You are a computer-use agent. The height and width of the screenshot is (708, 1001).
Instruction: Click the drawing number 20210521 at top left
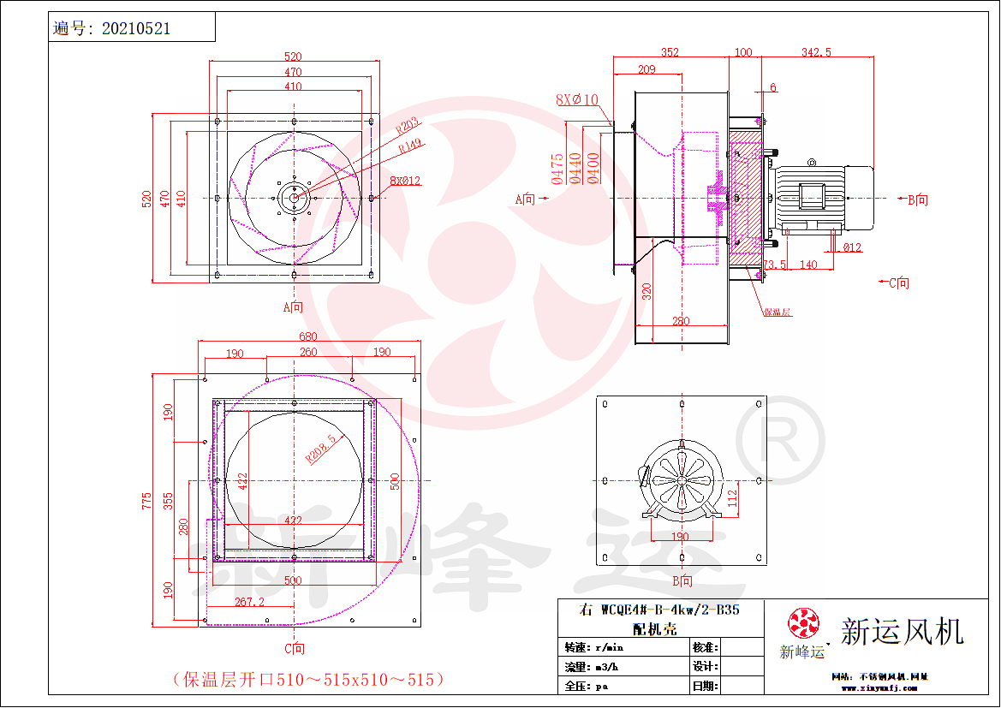click(x=135, y=28)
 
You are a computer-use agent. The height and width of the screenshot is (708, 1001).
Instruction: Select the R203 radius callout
click(x=408, y=128)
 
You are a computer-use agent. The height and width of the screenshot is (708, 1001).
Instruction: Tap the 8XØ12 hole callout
click(x=404, y=181)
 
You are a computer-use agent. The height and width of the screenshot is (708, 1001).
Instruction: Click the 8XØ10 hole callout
click(x=576, y=100)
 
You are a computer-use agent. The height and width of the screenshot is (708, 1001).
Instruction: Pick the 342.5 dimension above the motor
click(x=815, y=52)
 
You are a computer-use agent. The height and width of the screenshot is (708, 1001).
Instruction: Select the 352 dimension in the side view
click(x=670, y=52)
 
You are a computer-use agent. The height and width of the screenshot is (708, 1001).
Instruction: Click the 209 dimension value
click(x=646, y=69)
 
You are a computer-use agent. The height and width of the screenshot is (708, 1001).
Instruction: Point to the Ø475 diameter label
click(x=557, y=170)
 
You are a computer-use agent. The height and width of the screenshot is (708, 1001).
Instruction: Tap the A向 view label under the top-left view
click(x=293, y=306)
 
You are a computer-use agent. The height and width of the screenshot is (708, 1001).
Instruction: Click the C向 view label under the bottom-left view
click(x=294, y=649)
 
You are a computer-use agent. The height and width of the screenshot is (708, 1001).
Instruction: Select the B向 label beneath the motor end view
click(x=682, y=581)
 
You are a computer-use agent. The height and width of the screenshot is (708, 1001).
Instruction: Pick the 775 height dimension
click(x=147, y=500)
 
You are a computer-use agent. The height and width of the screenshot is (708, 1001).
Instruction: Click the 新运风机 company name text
click(x=902, y=632)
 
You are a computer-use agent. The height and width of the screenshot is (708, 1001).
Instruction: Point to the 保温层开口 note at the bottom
click(x=308, y=680)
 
